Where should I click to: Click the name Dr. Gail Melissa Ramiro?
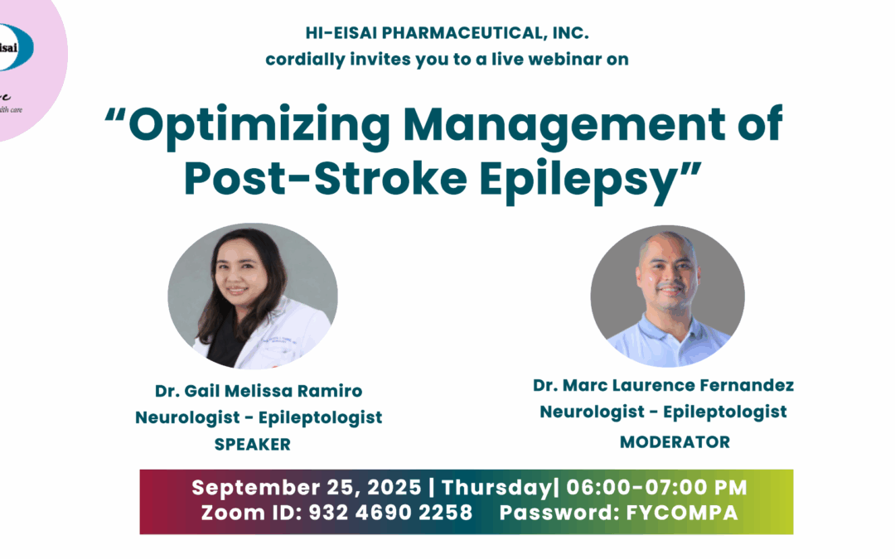coord(259,391)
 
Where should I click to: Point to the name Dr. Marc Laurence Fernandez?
coord(663,385)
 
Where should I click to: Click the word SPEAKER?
coord(253,445)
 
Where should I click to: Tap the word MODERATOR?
coord(675,442)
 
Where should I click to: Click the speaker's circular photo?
coord(253,296)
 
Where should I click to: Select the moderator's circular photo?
coord(667,296)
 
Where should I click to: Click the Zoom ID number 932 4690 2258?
coord(390,513)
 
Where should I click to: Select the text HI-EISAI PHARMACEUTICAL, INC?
coord(447,35)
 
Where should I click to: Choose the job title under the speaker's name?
coord(259,417)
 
